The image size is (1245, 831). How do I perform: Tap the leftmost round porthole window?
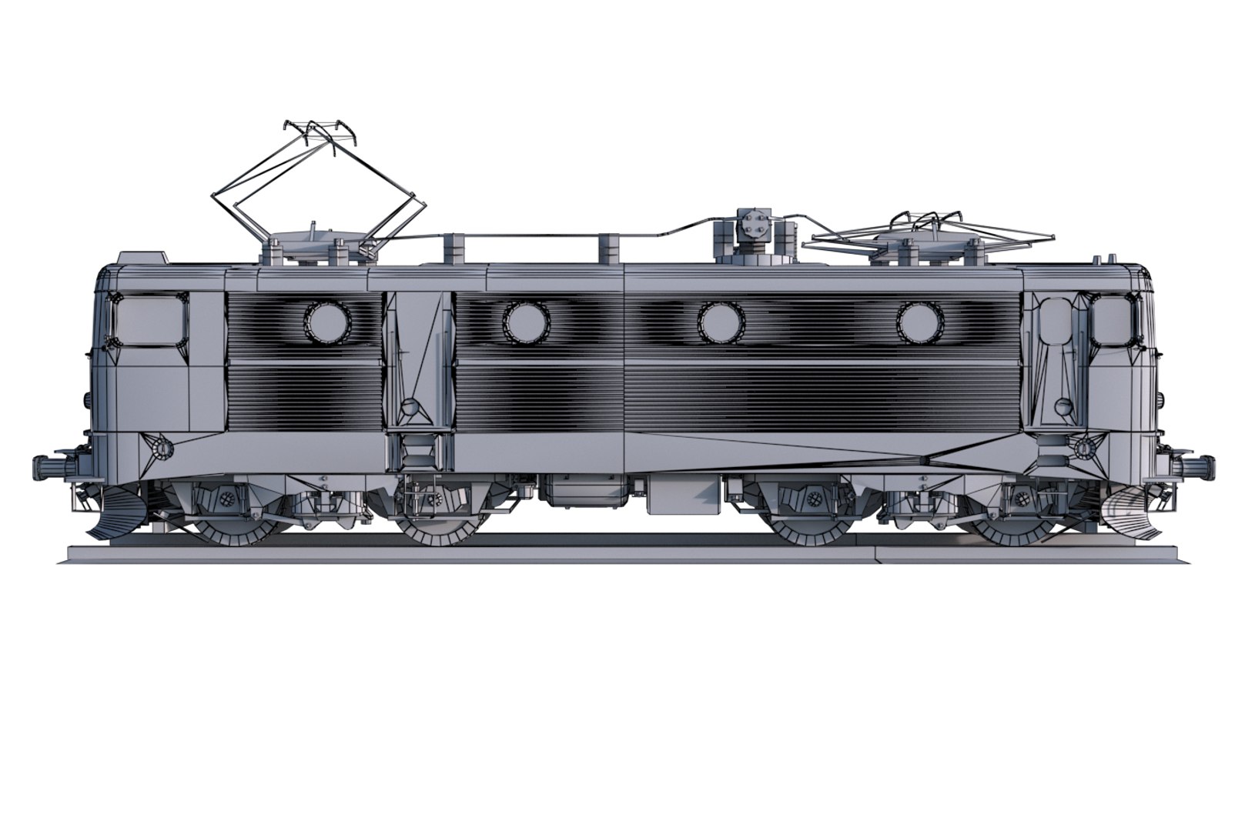pos(327,321)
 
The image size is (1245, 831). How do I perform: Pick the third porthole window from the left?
pos(719,321)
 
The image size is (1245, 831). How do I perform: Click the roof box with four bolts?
pos(752,225)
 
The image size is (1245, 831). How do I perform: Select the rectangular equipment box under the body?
pos(684,495)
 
